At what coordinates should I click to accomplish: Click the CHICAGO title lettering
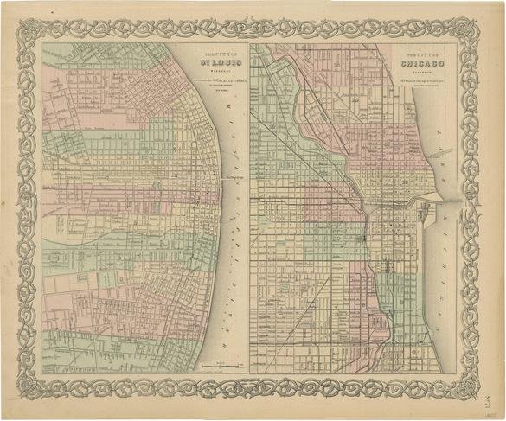pyautogui.click(x=420, y=64)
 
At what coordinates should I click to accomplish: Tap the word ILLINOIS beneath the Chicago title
pyautogui.click(x=420, y=73)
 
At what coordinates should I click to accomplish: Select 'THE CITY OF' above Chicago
pyautogui.click(x=420, y=54)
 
